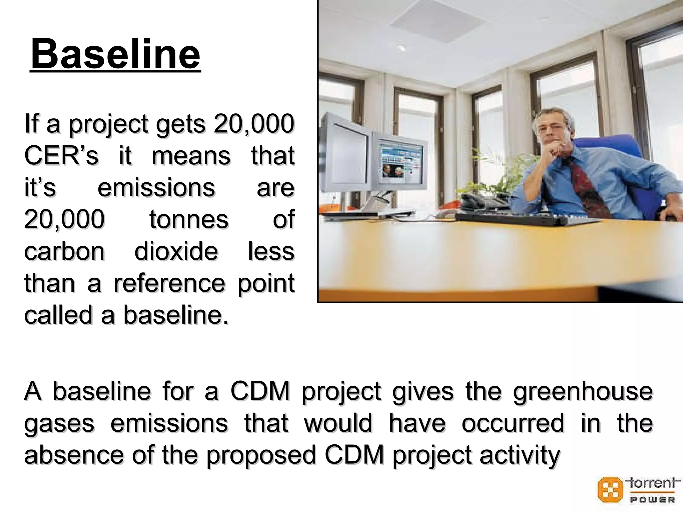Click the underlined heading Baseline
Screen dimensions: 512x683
[x=115, y=54]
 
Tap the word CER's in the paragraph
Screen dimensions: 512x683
[x=61, y=156]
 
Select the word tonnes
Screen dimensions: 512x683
[x=189, y=219]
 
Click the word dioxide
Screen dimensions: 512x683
[x=176, y=251]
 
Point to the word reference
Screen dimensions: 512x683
[x=169, y=283]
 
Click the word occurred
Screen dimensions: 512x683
[x=513, y=423]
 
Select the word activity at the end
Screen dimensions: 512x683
[x=520, y=455]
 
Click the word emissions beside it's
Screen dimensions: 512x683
[x=156, y=188]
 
